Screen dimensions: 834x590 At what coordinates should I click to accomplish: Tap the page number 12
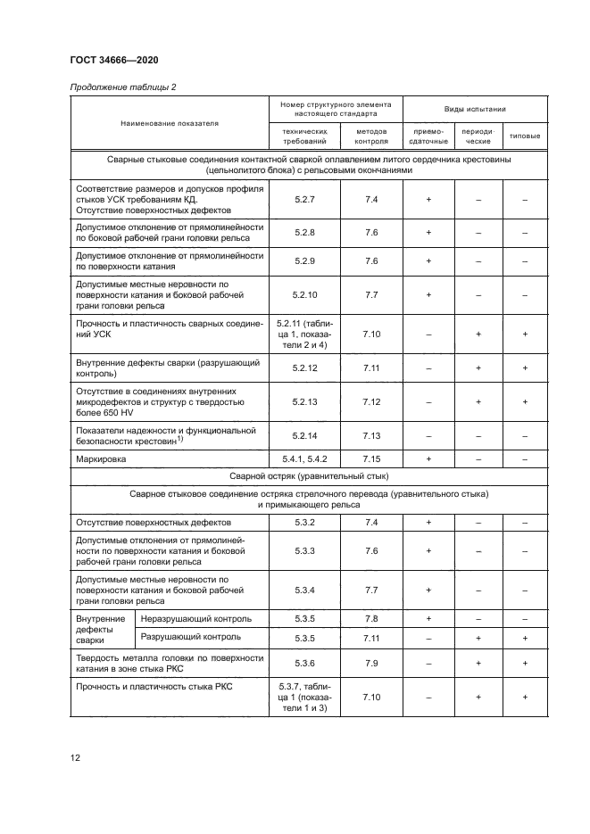[75, 758]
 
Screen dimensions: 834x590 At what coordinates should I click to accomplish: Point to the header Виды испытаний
[475, 109]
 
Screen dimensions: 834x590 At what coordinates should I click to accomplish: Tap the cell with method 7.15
[371, 458]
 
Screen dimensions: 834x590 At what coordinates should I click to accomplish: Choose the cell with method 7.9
[371, 664]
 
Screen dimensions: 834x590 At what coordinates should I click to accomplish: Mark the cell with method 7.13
[371, 435]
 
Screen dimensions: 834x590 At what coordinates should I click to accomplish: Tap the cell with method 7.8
[371, 618]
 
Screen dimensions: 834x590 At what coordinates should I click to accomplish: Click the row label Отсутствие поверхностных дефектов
[154, 522]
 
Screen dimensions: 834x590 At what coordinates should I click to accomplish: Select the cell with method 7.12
[371, 402]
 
